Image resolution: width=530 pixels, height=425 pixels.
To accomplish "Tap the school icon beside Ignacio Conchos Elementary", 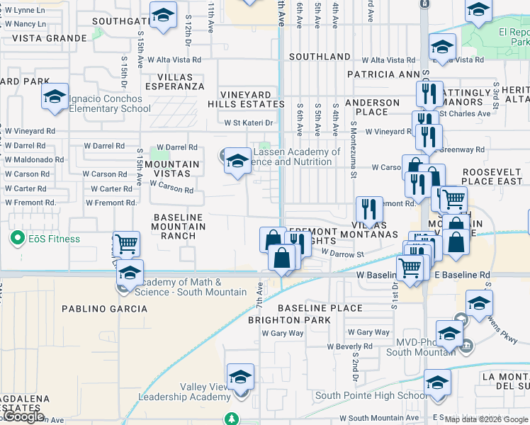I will point(54,98).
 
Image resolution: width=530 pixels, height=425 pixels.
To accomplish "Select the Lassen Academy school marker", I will point(237,161).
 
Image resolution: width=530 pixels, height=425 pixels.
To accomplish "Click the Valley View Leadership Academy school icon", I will point(240,376).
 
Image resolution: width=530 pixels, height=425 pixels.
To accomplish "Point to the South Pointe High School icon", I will point(437,382).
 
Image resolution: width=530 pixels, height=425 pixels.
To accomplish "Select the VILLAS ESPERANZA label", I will point(174,81).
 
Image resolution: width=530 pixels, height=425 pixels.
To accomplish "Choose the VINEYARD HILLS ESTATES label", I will point(246,99).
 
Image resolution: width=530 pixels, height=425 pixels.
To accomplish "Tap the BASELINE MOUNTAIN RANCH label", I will point(178,227).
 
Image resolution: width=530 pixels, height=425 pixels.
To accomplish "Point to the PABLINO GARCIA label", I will point(105,309).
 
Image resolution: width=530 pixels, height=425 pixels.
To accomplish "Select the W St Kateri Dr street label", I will point(249,123).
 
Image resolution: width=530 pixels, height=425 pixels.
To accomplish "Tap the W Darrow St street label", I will point(342,252).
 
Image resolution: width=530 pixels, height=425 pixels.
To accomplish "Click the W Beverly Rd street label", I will point(349,346).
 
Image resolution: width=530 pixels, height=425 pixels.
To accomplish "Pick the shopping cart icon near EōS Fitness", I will point(126,244).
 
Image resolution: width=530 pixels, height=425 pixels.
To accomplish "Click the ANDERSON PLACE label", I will point(372,107).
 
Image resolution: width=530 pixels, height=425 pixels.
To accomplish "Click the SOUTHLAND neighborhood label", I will point(320,56).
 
